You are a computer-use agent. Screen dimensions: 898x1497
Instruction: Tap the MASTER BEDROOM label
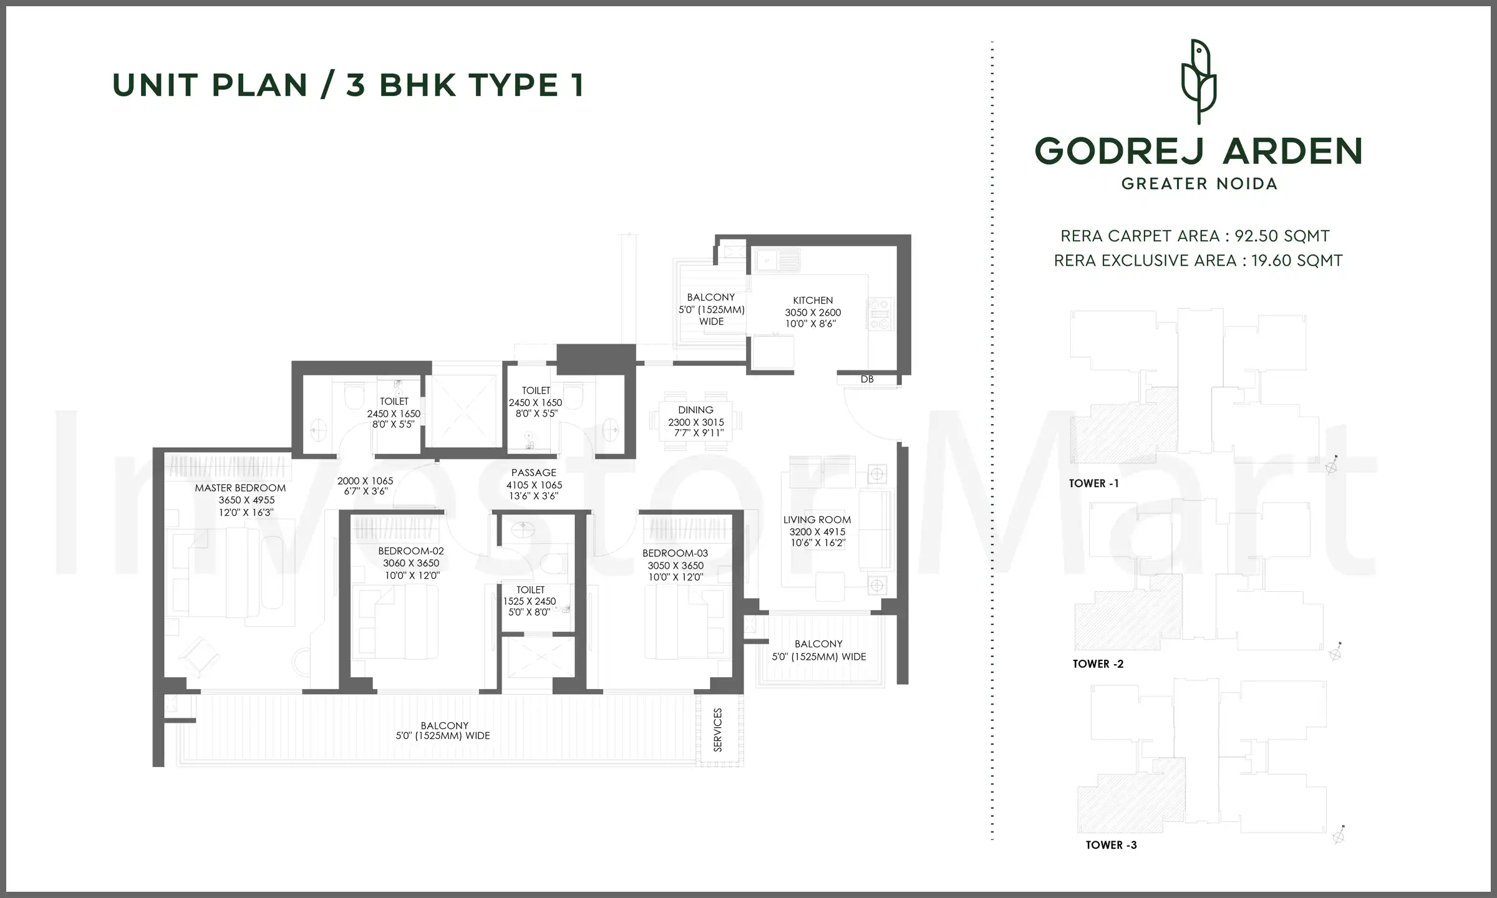pyautogui.click(x=240, y=488)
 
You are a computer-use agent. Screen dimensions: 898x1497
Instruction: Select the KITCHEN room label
pyautogui.click(x=813, y=300)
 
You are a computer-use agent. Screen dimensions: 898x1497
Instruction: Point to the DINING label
pyautogui.click(x=695, y=410)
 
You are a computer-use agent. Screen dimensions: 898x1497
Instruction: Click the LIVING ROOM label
pyautogui.click(x=817, y=519)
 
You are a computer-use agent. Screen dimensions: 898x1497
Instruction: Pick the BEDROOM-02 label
pyautogui.click(x=411, y=551)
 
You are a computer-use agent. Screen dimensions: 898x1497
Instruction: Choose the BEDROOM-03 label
pyautogui.click(x=675, y=553)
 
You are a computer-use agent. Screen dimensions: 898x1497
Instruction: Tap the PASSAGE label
pyautogui.click(x=533, y=473)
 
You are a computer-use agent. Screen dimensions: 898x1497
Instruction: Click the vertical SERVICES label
pyautogui.click(x=717, y=730)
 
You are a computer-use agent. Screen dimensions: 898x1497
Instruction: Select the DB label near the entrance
pyautogui.click(x=867, y=379)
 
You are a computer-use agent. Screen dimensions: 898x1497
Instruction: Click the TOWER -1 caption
pyautogui.click(x=1093, y=483)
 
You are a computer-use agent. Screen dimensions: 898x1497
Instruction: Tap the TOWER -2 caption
pyautogui.click(x=1098, y=664)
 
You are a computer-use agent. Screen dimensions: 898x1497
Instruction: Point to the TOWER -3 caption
pyautogui.click(x=1111, y=845)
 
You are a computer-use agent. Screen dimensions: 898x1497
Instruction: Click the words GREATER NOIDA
pyautogui.click(x=1199, y=184)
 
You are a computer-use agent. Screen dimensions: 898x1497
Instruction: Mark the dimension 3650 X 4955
pyautogui.click(x=246, y=500)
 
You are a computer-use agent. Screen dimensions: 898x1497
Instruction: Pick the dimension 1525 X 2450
pyautogui.click(x=530, y=601)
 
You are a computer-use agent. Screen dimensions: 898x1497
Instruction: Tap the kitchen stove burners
pyautogui.click(x=879, y=314)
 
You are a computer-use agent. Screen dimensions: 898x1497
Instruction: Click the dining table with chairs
pyautogui.click(x=695, y=421)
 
